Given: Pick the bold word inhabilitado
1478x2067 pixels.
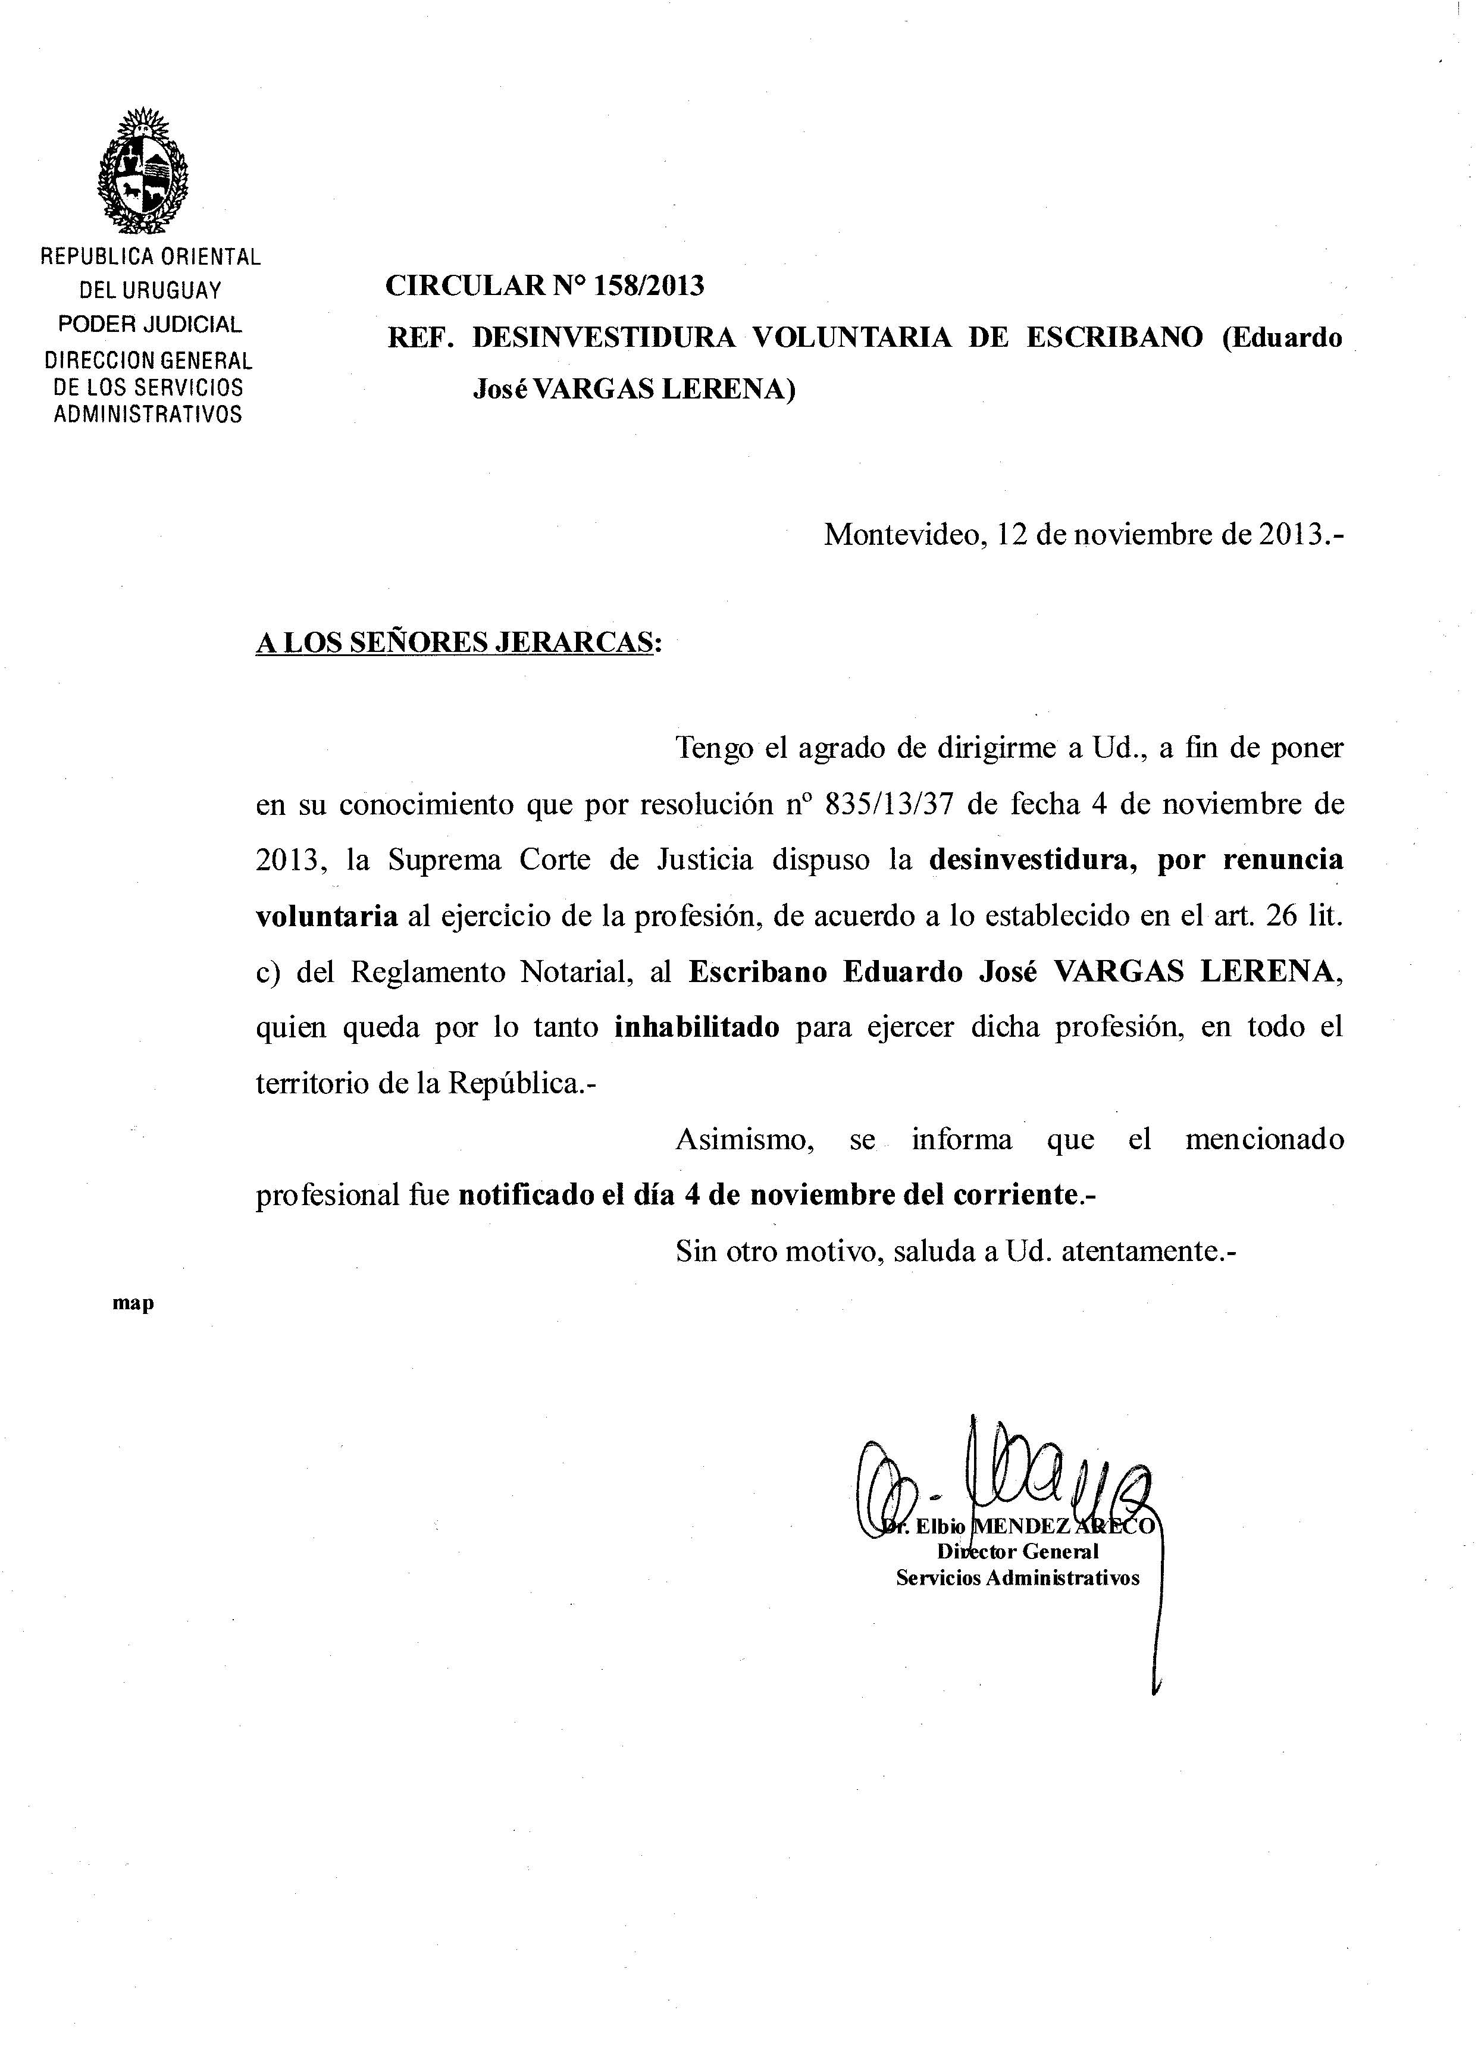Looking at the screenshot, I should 697,1027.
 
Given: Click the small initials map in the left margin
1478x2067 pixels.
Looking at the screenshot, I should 133,1303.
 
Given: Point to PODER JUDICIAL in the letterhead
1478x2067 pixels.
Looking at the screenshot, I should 150,324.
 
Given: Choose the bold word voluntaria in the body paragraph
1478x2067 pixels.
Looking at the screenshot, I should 327,916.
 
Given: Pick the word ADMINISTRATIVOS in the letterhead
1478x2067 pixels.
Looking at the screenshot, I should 148,414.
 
